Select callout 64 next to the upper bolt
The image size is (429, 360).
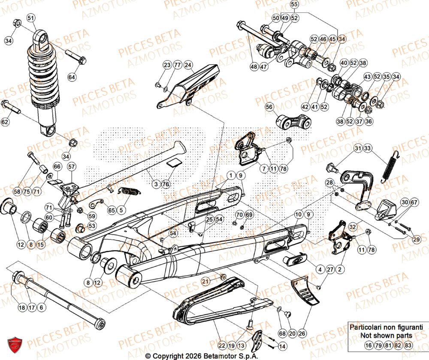71,77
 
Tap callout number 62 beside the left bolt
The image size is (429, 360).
5,122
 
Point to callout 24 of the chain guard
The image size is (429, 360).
188,65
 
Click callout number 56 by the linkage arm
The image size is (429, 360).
269,106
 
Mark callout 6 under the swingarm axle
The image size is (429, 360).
42,308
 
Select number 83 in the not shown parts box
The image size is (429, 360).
408,345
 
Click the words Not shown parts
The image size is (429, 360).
386,336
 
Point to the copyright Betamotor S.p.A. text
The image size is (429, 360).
214,356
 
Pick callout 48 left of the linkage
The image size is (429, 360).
254,67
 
